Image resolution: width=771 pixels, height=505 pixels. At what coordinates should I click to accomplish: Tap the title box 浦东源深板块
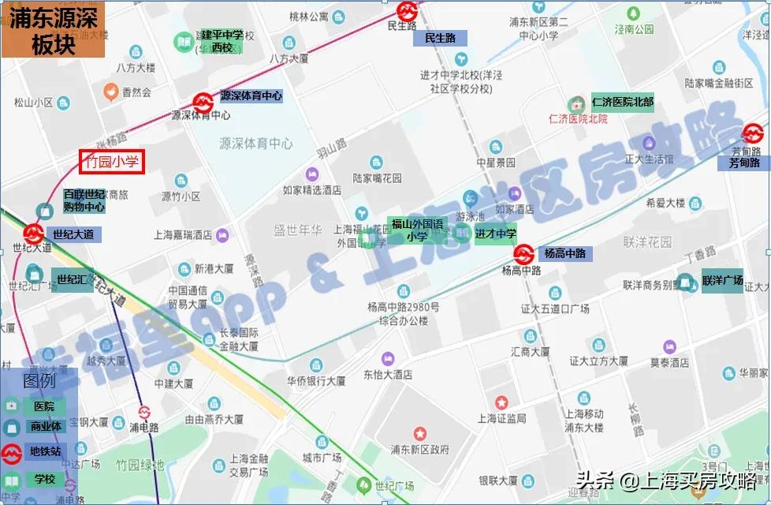click(x=53, y=32)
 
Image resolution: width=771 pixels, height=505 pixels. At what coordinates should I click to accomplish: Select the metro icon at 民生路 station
click(x=407, y=9)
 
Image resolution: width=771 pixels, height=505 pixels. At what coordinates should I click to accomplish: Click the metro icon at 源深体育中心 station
click(x=203, y=103)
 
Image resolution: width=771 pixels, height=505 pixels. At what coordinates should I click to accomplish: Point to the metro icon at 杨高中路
click(x=524, y=254)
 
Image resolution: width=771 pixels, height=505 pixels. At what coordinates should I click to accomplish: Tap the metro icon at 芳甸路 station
click(x=752, y=133)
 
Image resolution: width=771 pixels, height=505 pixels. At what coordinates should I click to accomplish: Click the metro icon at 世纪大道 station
click(x=33, y=234)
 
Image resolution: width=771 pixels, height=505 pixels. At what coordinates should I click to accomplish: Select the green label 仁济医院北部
click(x=622, y=103)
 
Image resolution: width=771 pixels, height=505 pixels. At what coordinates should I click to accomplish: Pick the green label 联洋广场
click(x=722, y=281)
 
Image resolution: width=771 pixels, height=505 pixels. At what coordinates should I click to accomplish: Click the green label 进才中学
click(x=496, y=234)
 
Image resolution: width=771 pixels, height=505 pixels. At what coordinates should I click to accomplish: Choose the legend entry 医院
click(x=43, y=406)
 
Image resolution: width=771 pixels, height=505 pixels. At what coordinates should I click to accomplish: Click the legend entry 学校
click(x=44, y=478)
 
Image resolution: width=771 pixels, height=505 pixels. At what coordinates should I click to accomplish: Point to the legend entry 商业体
click(x=45, y=427)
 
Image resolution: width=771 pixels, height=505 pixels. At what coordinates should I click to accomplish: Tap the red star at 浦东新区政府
click(x=419, y=433)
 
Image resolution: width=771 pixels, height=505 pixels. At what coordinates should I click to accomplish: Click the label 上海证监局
click(x=501, y=418)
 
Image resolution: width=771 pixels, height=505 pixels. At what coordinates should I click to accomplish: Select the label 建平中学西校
click(x=222, y=41)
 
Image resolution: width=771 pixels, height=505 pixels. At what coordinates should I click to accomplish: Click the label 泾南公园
click(x=634, y=29)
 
